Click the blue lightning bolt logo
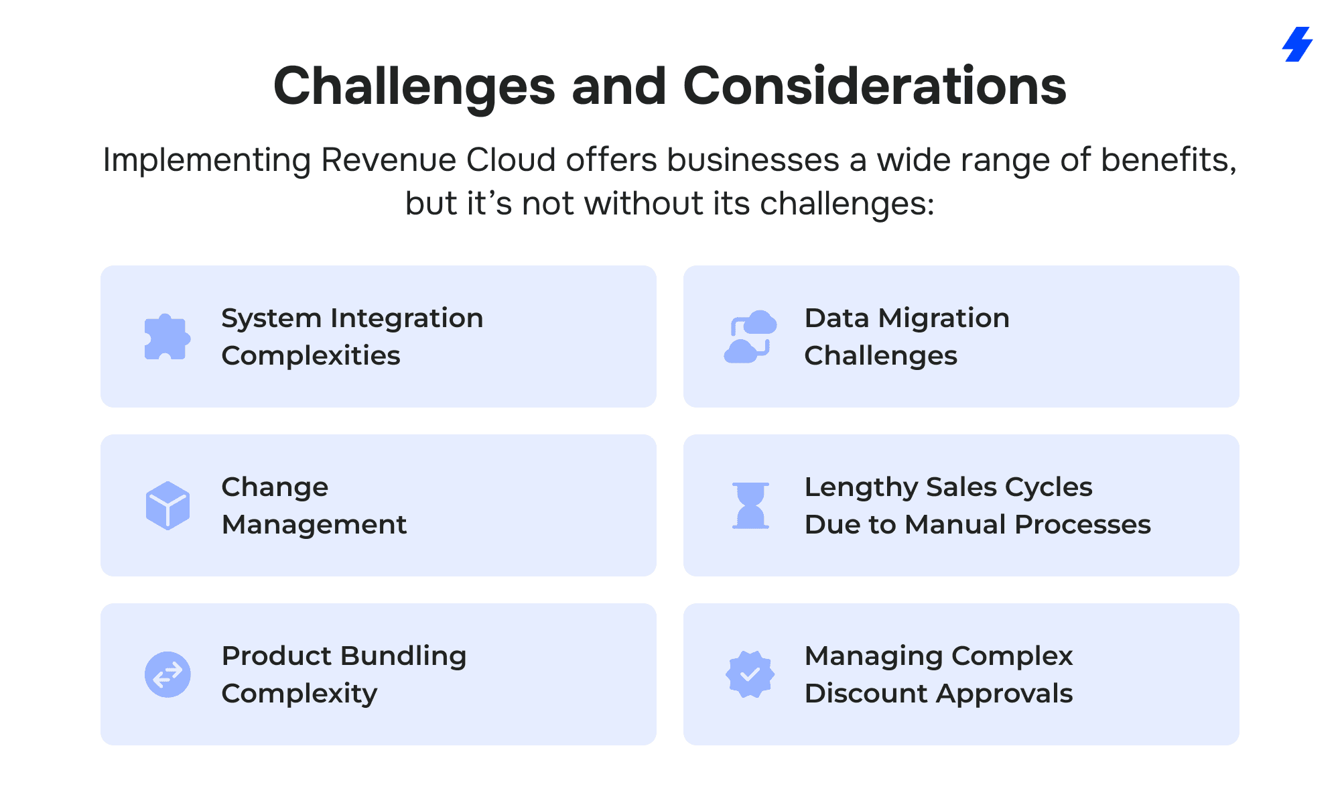(1298, 44)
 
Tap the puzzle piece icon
(167, 336)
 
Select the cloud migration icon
(750, 336)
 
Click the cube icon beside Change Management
(167, 505)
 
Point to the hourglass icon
(750, 505)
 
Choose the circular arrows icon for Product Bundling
(167, 674)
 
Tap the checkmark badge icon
(750, 674)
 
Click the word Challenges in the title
(415, 87)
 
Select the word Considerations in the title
(874, 86)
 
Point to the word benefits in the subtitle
(1168, 161)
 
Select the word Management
(314, 525)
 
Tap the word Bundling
(411, 656)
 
